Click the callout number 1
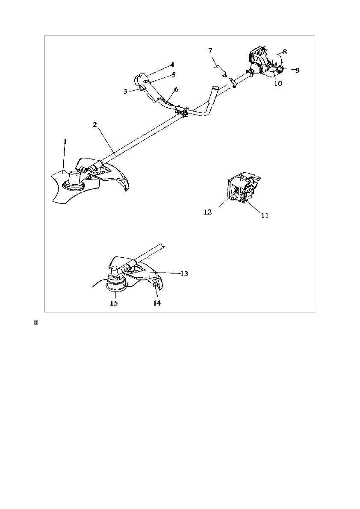(65, 141)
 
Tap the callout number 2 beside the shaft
(95, 124)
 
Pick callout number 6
(176, 89)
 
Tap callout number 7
(210, 50)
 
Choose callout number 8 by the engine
(284, 51)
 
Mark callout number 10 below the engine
(278, 84)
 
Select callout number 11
(265, 215)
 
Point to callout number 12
(208, 212)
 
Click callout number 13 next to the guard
(184, 273)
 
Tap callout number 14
(157, 303)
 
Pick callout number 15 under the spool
(114, 303)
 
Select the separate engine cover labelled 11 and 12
(242, 188)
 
